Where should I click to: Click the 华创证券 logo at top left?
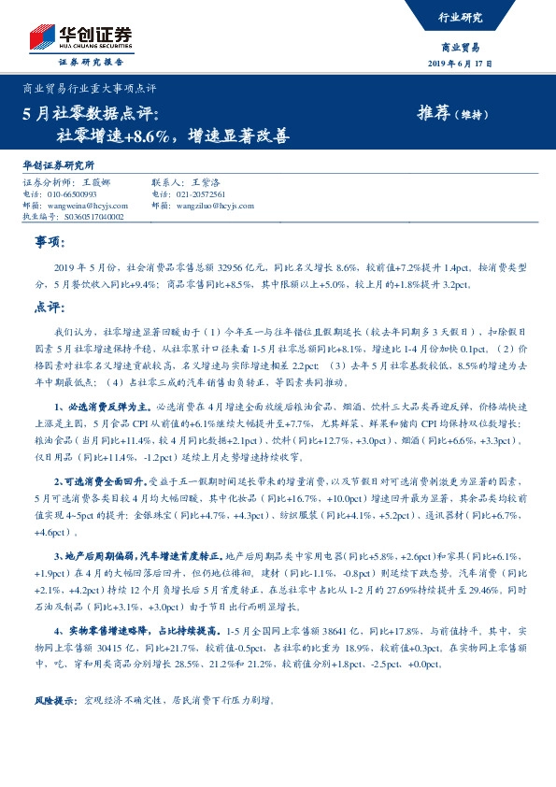click(80, 36)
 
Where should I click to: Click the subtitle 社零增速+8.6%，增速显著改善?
click(172, 136)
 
